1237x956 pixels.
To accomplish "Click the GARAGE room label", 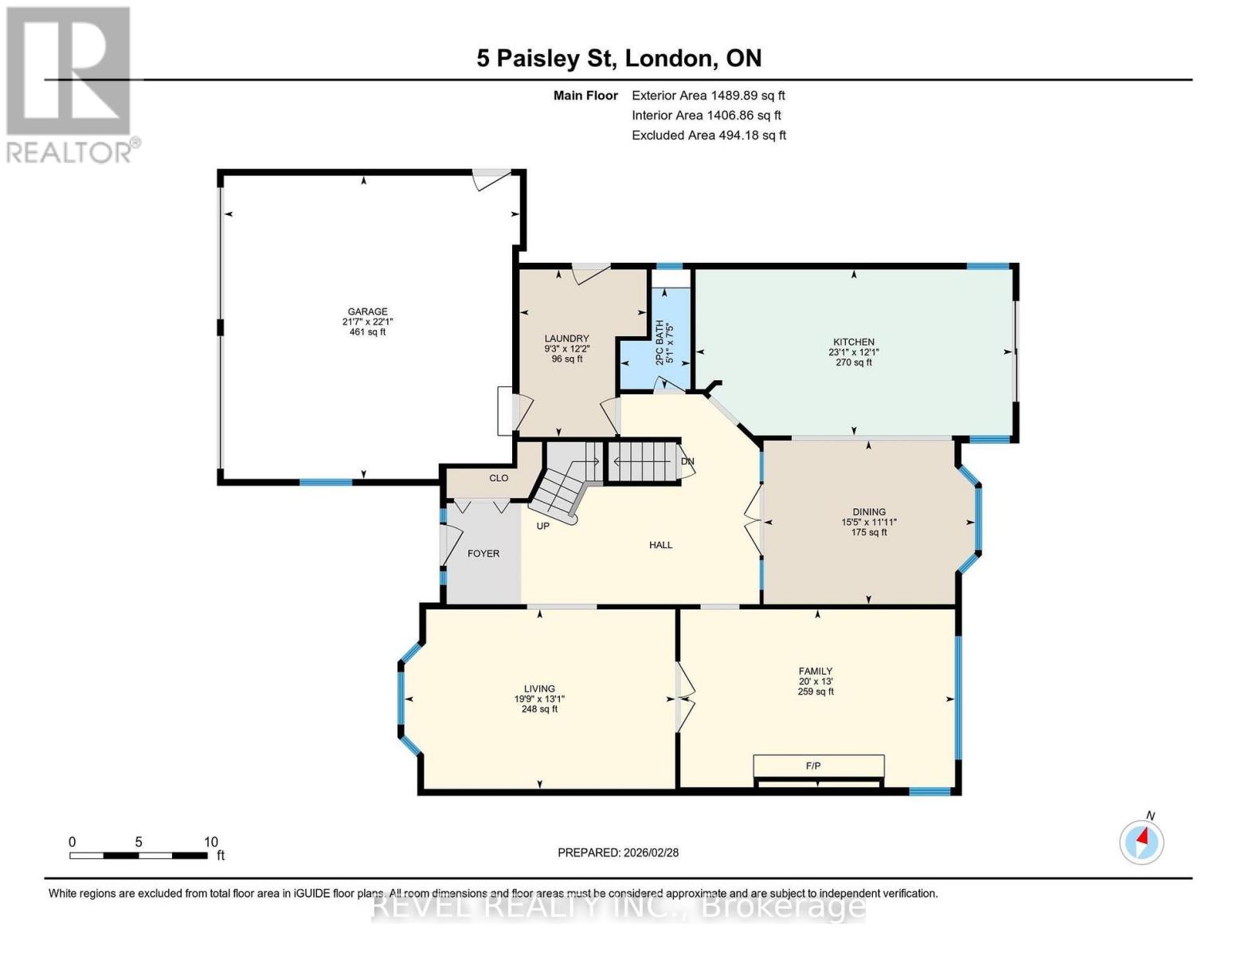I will coord(367,312).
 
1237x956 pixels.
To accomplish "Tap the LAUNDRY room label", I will coord(567,339).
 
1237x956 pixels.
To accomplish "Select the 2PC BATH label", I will coord(660,343).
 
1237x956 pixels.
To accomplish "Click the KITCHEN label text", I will coord(854,343).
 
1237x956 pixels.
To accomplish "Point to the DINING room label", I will coord(869,512).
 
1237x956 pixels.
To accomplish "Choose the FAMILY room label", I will coord(816,672).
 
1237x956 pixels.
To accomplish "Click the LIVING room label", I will coord(539,689).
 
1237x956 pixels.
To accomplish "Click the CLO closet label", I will coord(499,479).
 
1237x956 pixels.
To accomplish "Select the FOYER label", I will coord(483,554).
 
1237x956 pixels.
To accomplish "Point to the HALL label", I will coord(660,546).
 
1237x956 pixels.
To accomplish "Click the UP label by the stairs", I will coord(542,527).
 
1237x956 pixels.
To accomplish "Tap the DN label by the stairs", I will coord(687,462).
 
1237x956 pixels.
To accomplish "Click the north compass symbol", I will coord(1142,840).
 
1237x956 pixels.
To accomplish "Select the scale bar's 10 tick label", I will coord(210,842).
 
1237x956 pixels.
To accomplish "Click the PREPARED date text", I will coord(618,853).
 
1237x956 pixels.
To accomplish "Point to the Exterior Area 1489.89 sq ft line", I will coord(708,96).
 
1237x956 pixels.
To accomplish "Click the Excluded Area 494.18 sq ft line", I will coord(709,135).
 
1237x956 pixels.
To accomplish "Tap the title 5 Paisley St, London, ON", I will coord(619,58).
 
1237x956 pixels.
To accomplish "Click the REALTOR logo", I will coord(70,84).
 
